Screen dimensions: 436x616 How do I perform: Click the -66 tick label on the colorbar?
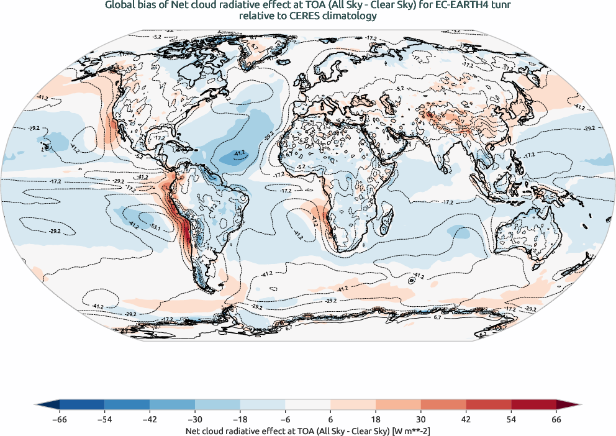[x=59, y=419]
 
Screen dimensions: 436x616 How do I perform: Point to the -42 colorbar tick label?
[x=149, y=419]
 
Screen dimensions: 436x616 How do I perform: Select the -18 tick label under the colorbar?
[x=240, y=419]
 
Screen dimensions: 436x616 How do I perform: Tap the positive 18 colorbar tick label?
[x=376, y=419]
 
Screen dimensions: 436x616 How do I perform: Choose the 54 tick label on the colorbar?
[x=511, y=419]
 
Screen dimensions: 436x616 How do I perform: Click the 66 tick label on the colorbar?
[x=556, y=419]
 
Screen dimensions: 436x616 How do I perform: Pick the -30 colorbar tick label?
[x=194, y=419]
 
